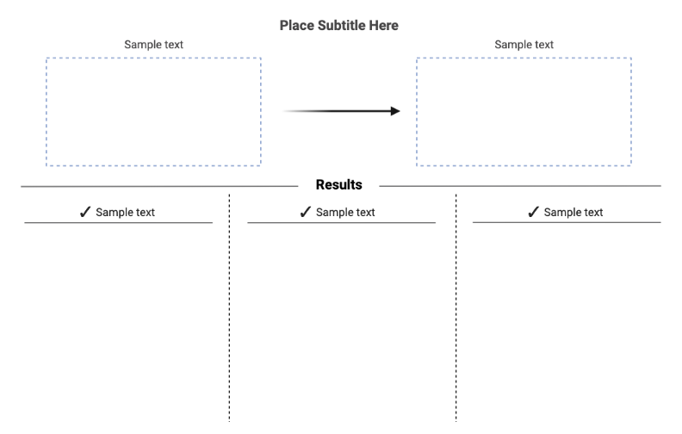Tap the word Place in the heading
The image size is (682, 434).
tap(296, 26)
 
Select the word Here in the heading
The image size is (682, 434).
tap(384, 26)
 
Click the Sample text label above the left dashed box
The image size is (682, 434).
tap(153, 45)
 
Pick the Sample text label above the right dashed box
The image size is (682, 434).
tap(524, 45)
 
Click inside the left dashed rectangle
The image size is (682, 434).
tap(153, 112)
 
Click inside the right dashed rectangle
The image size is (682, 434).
tap(524, 112)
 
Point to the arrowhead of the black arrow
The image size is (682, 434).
tap(394, 111)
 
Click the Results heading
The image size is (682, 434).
tap(338, 185)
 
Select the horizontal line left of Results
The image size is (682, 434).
tap(159, 186)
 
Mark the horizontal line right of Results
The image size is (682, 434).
tap(519, 186)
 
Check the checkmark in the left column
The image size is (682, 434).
tap(85, 212)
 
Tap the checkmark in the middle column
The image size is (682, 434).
tap(306, 212)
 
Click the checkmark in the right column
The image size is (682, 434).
tap(533, 212)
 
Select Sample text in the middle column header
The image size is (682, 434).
tap(345, 213)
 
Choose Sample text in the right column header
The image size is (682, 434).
tap(573, 213)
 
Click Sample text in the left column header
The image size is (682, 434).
tap(125, 213)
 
